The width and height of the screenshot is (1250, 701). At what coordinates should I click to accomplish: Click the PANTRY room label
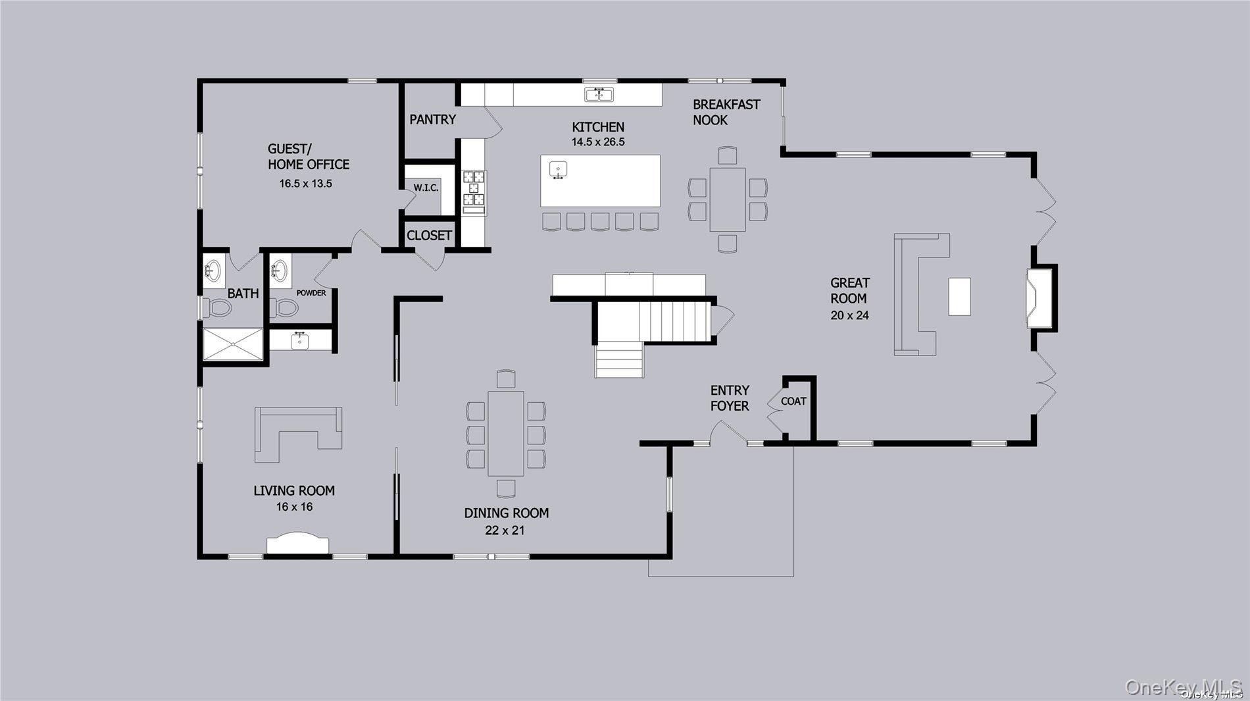[432, 119]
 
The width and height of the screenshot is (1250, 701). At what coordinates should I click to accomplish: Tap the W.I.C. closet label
[426, 188]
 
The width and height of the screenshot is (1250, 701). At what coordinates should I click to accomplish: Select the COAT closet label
[793, 401]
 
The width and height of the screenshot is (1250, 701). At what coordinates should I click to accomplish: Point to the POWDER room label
[311, 293]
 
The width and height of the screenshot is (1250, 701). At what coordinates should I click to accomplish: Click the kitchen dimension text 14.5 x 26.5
[598, 142]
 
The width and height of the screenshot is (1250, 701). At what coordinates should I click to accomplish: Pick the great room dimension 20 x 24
[849, 315]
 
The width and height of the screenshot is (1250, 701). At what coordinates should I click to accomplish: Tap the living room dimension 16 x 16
[294, 507]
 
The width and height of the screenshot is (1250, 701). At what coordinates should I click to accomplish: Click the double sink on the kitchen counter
[599, 95]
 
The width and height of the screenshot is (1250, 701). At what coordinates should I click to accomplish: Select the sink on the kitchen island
[559, 170]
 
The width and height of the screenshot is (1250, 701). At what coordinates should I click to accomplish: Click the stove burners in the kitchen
[474, 188]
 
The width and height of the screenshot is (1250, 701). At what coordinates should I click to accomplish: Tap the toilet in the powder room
[284, 307]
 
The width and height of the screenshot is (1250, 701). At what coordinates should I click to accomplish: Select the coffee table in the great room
[959, 297]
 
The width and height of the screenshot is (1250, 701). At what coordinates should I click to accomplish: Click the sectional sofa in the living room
[298, 435]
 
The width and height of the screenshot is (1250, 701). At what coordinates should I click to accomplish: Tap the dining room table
[505, 433]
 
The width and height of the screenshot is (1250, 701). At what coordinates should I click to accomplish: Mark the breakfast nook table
[728, 199]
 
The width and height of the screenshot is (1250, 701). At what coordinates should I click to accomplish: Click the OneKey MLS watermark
[1183, 687]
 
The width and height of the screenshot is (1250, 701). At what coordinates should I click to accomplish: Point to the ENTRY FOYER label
[730, 398]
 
